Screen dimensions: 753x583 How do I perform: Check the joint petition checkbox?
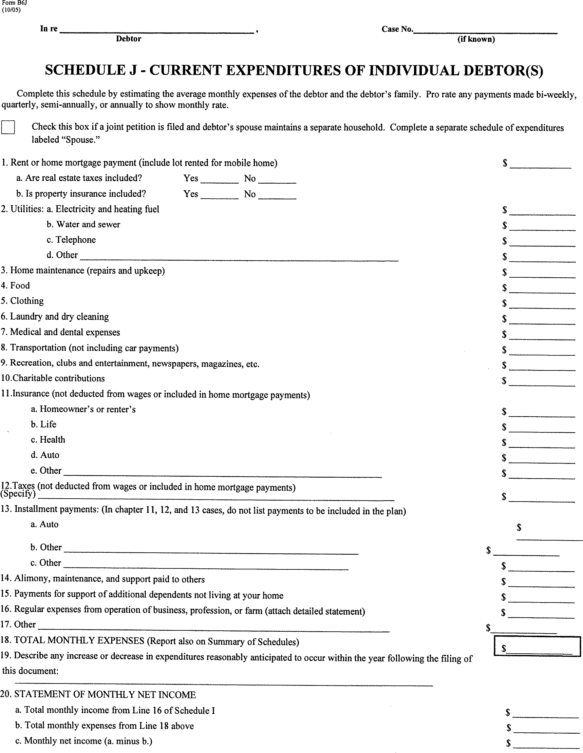click(x=8, y=127)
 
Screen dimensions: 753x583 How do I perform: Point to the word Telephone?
click(x=76, y=240)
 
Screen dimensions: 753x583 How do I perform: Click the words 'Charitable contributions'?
click(x=59, y=379)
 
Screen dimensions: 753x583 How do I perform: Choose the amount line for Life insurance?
click(x=542, y=428)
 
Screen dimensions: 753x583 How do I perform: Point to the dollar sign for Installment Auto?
click(x=519, y=527)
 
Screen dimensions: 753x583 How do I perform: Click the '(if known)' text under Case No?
click(x=476, y=39)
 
